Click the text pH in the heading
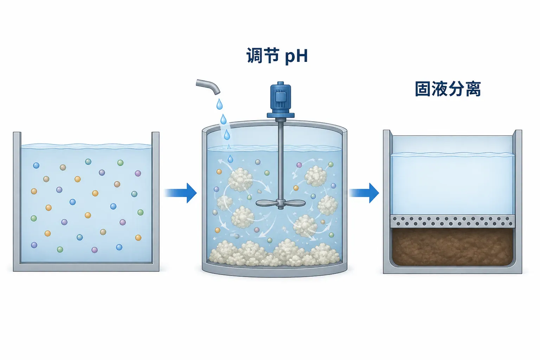click(296, 56)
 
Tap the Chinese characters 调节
click(263, 56)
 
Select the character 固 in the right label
click(423, 89)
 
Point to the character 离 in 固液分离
click(473, 89)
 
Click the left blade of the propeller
click(266, 203)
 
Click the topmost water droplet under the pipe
click(219, 104)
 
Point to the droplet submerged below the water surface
click(231, 159)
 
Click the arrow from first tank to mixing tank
click(181, 193)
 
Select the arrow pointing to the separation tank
click(364, 193)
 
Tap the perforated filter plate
click(452, 221)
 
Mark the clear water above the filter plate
click(452, 185)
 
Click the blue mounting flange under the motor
click(281, 115)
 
